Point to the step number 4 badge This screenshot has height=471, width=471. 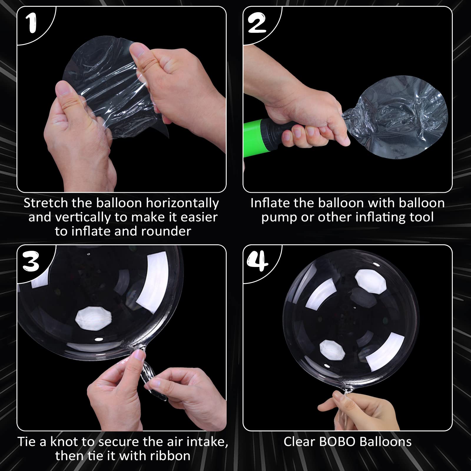pyautogui.click(x=258, y=262)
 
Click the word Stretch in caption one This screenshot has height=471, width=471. pyautogui.click(x=46, y=203)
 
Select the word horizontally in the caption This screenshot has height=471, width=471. pyautogui.click(x=183, y=203)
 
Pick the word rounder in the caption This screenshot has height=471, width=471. pyautogui.click(x=166, y=231)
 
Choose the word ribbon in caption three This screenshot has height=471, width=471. pyautogui.click(x=170, y=456)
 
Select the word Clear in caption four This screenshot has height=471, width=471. pyautogui.click(x=299, y=442)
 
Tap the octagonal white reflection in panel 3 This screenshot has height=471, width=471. pyautogui.click(x=94, y=319)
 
